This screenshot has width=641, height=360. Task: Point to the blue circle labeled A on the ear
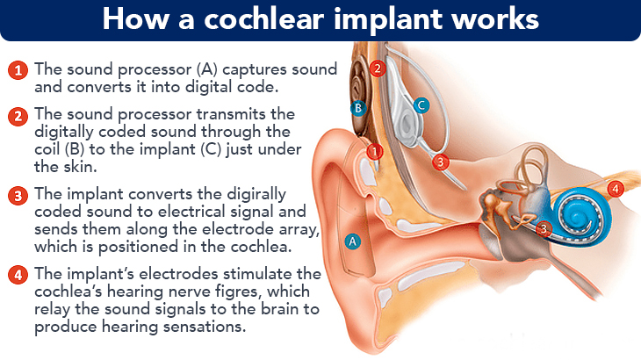click(353, 241)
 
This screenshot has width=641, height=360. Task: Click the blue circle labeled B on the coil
click(358, 109)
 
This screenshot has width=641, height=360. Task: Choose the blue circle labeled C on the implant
click(421, 105)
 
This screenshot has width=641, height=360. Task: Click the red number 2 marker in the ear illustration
click(378, 67)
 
